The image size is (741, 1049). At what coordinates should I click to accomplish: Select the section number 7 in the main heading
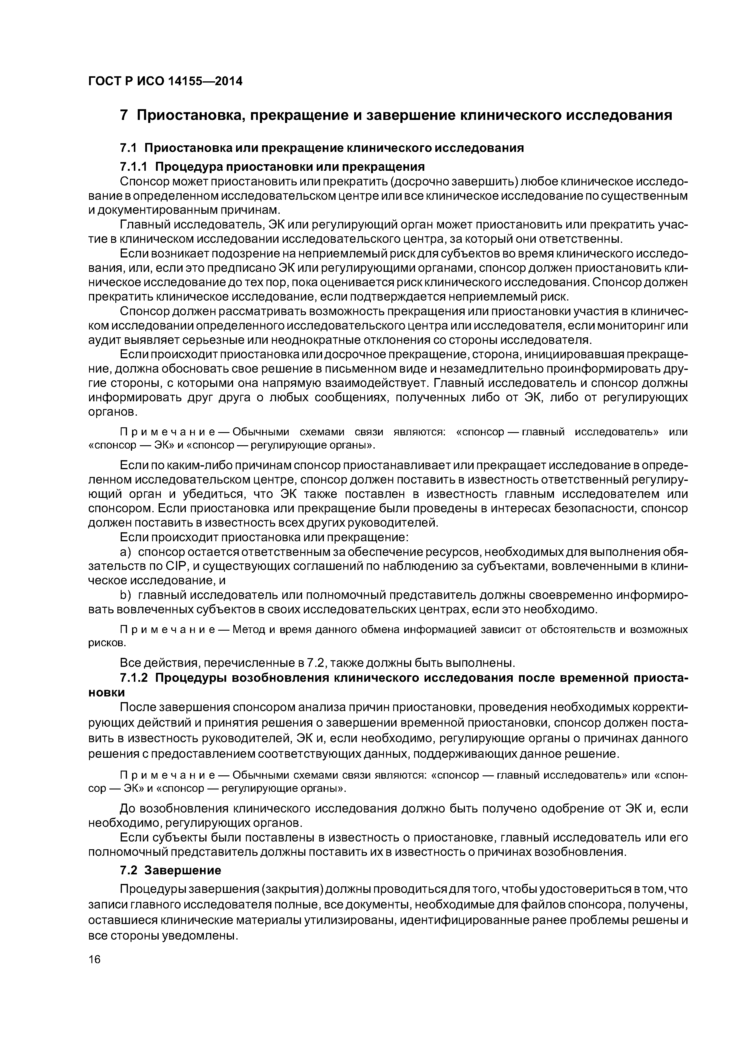[x=123, y=116]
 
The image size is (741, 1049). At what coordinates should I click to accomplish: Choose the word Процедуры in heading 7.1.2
[x=190, y=678]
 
